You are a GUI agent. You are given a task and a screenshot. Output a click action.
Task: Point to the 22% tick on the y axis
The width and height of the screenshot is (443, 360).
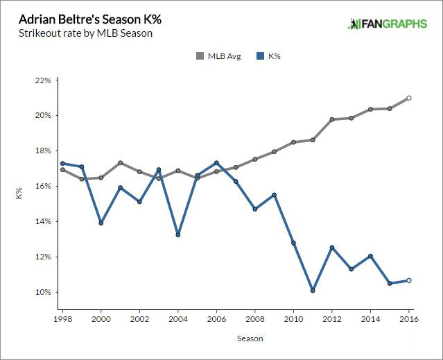(x=42, y=80)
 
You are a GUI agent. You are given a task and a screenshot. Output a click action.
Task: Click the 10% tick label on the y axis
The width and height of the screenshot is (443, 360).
(x=42, y=292)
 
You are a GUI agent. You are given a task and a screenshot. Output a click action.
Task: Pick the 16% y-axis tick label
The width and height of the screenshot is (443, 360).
(x=42, y=186)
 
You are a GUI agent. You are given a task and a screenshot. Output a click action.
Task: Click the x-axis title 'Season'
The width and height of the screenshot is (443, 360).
(x=236, y=338)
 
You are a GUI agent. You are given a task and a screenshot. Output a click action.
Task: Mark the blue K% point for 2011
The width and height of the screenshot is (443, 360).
(x=313, y=291)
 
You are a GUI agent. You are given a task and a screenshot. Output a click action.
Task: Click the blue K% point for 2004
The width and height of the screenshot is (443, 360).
(x=178, y=234)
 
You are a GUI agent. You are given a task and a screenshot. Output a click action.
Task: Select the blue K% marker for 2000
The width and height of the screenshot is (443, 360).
(x=101, y=223)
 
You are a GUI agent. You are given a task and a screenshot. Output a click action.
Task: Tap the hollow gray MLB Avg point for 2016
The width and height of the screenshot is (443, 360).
(x=409, y=98)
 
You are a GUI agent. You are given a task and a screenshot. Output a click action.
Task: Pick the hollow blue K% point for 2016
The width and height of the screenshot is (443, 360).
(x=409, y=280)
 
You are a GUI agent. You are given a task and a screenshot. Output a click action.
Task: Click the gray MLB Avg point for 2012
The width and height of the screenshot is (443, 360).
(x=332, y=119)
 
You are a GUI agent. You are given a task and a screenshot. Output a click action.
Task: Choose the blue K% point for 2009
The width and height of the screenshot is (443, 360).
(x=275, y=195)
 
